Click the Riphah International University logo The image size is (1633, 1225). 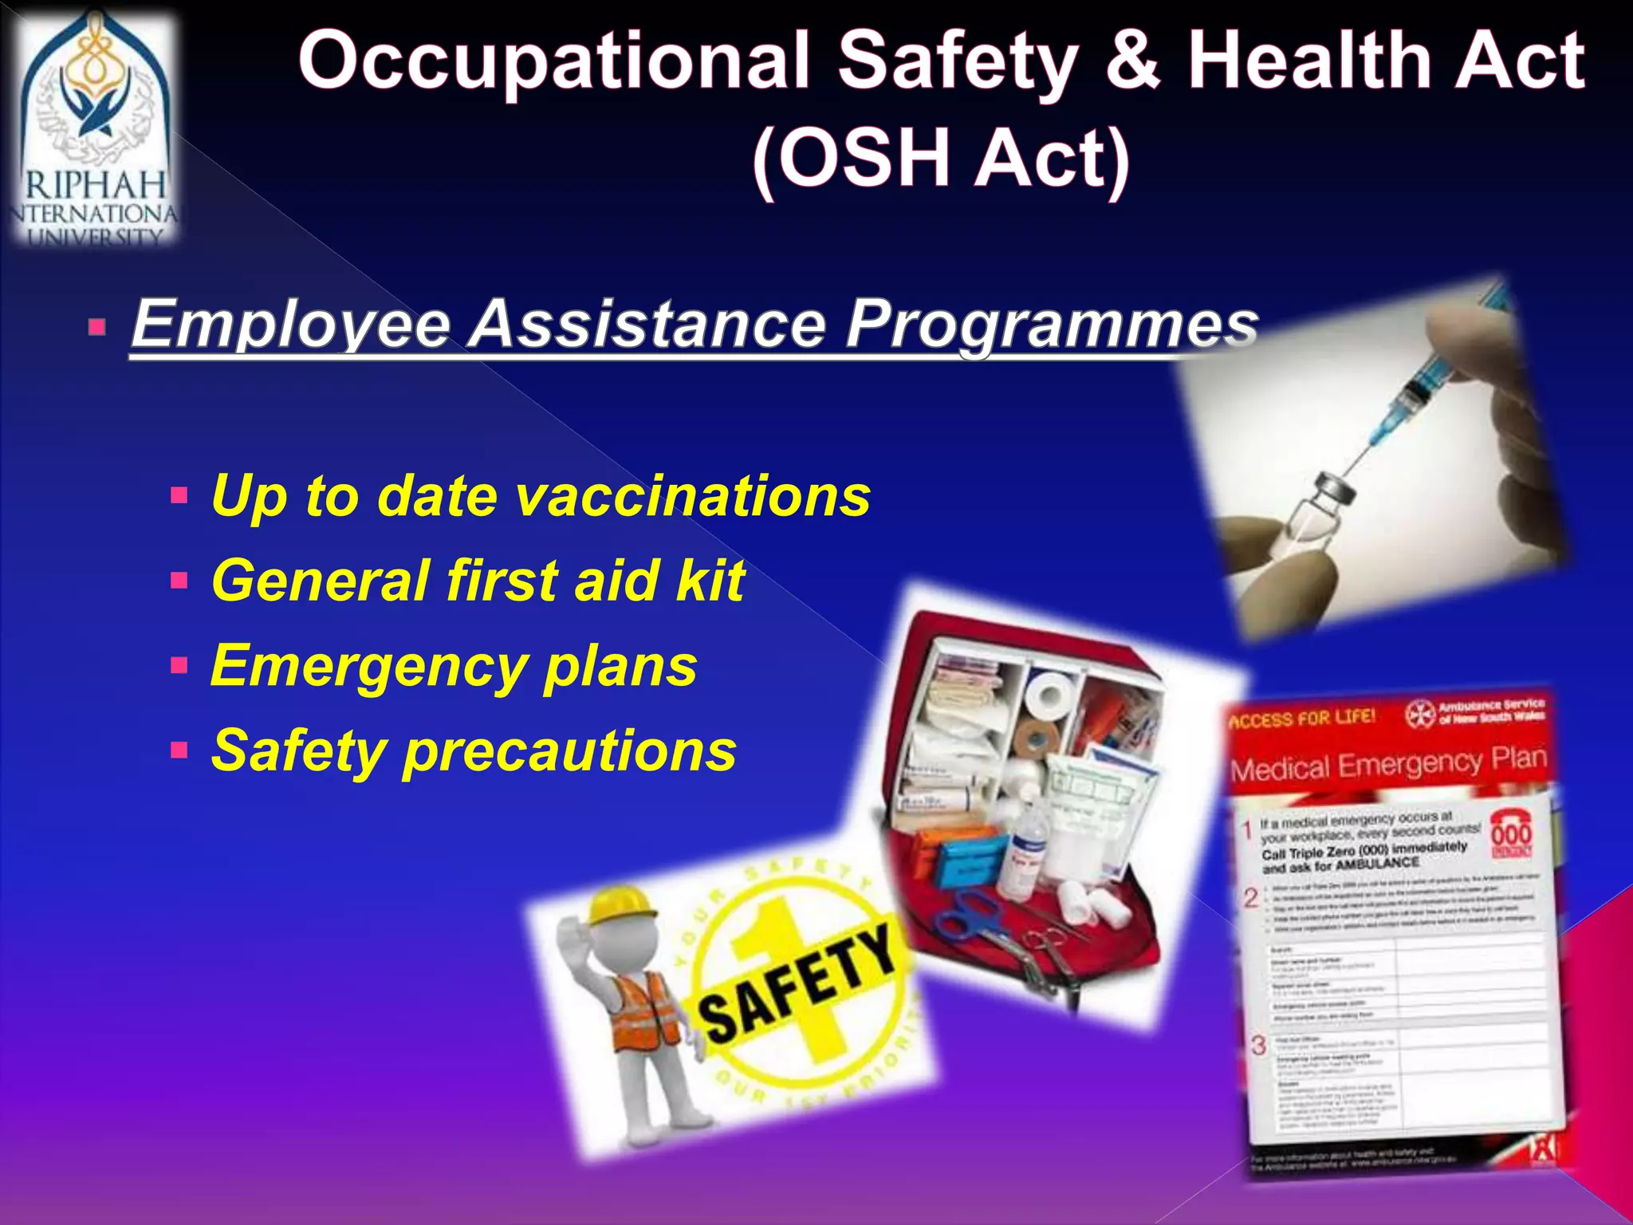click(x=94, y=128)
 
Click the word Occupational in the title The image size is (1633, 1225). click(x=553, y=62)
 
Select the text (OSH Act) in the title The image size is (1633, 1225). click(x=941, y=158)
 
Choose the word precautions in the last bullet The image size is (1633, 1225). click(x=569, y=750)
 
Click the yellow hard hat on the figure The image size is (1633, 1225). click(x=618, y=906)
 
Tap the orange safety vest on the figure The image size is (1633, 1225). click(x=646, y=1010)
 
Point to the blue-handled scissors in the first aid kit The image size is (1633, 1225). click(x=970, y=917)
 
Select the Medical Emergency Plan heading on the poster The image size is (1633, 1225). click(x=1387, y=765)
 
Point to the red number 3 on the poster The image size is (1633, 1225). click(x=1258, y=1046)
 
